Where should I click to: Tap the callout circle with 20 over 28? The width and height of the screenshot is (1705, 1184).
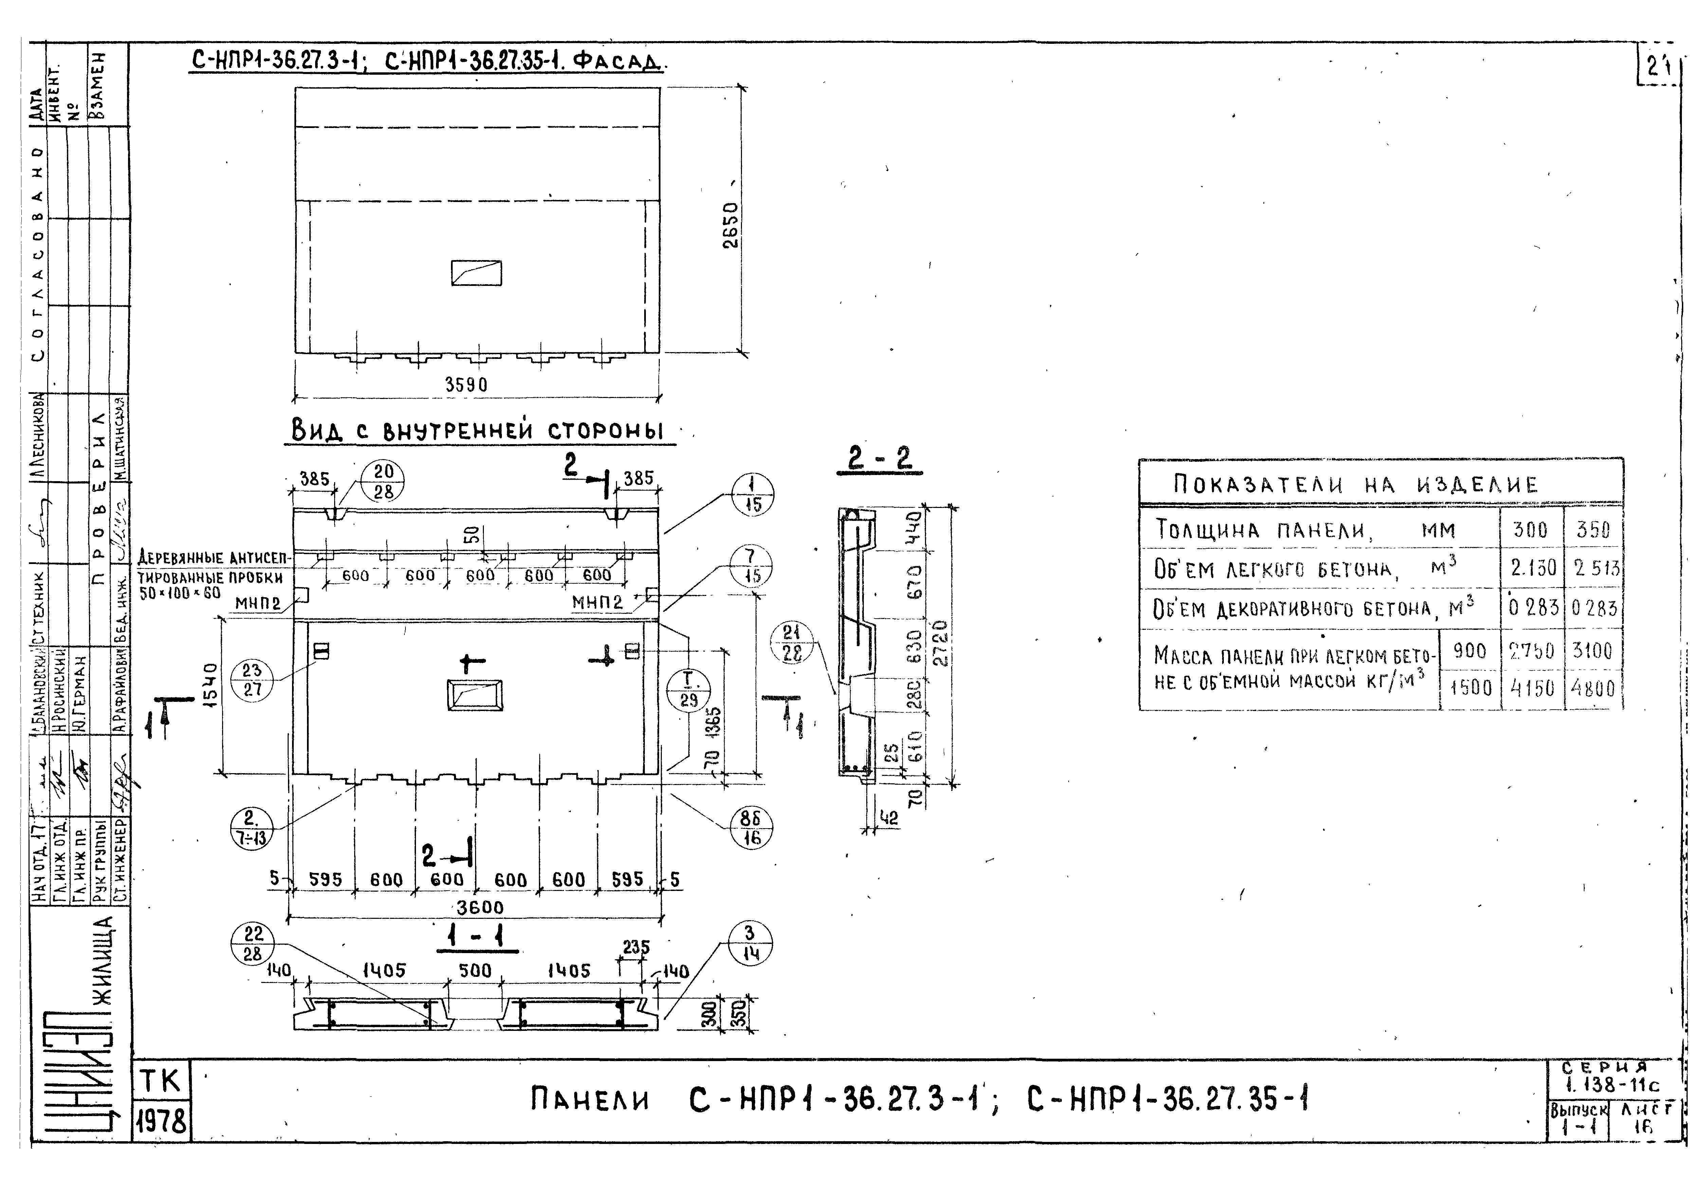[383, 482]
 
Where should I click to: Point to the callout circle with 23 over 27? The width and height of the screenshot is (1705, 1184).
[252, 679]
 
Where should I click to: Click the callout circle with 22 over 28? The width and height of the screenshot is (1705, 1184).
[253, 944]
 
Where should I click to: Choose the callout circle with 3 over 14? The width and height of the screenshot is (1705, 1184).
[750, 944]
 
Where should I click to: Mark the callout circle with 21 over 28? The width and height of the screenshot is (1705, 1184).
[793, 643]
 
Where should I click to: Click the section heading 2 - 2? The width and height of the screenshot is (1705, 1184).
[879, 459]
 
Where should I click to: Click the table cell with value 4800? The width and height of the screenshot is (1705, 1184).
[1592, 689]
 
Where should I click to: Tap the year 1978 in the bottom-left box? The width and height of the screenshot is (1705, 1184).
[162, 1121]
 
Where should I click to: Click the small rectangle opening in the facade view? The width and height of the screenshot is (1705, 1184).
[476, 273]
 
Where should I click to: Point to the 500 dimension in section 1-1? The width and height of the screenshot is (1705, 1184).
[475, 970]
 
